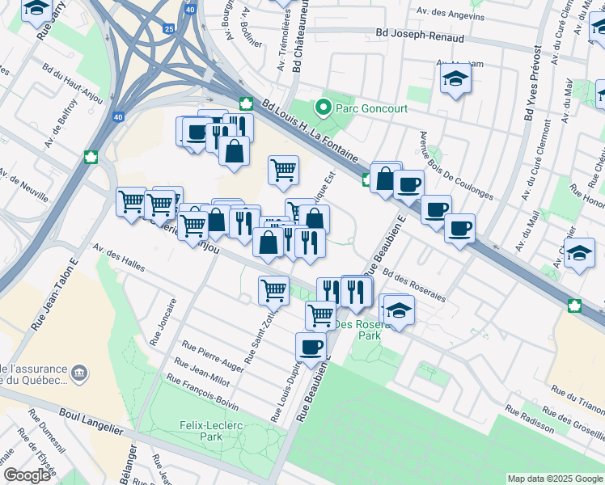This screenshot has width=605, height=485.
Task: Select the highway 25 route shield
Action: coord(167,29)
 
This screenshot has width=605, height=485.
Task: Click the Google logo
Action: coord(27,474)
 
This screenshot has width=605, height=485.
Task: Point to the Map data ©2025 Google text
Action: coord(554,478)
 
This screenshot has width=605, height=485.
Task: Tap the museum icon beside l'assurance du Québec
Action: coord(79,373)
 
